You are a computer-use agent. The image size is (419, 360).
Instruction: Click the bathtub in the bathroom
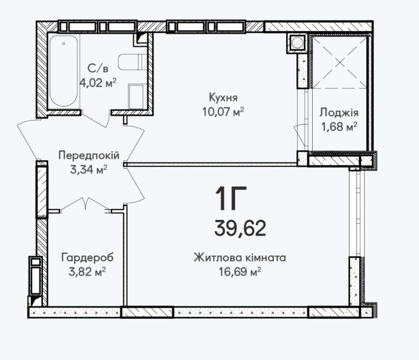click(64, 71)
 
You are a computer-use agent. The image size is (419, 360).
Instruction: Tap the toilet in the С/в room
click(133, 62)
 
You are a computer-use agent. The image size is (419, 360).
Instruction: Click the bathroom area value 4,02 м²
click(98, 82)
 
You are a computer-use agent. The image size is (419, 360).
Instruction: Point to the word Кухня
click(223, 97)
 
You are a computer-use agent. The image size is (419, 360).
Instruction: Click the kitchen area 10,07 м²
click(223, 112)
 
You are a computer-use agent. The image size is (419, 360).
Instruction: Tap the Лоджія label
click(339, 113)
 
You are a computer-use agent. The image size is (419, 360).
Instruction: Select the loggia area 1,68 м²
click(339, 126)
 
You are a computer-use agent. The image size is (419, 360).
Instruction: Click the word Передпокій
click(89, 155)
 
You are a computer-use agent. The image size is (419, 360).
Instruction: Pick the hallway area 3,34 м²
click(89, 169)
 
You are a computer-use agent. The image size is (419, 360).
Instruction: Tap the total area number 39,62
click(240, 228)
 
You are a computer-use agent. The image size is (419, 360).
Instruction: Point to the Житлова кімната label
click(240, 258)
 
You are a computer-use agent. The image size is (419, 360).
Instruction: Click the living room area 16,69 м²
click(240, 272)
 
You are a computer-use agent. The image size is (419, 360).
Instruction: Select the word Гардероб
click(87, 258)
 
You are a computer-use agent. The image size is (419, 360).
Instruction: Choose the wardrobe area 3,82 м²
click(87, 272)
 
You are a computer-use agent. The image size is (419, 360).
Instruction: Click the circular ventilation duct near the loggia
click(296, 42)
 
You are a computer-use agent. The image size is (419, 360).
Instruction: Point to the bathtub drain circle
click(63, 43)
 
